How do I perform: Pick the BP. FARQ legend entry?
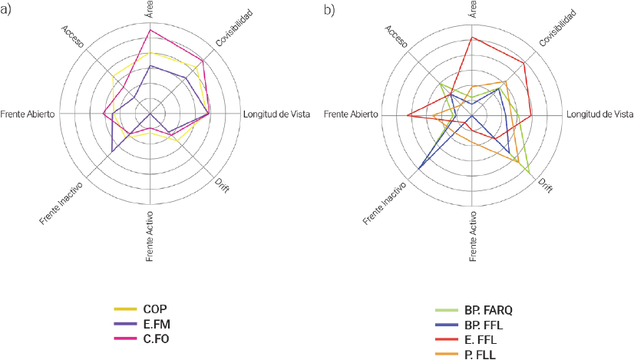tap(487, 310)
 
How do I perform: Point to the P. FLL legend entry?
tap(480, 354)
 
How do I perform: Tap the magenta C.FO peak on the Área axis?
tap(150, 29)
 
